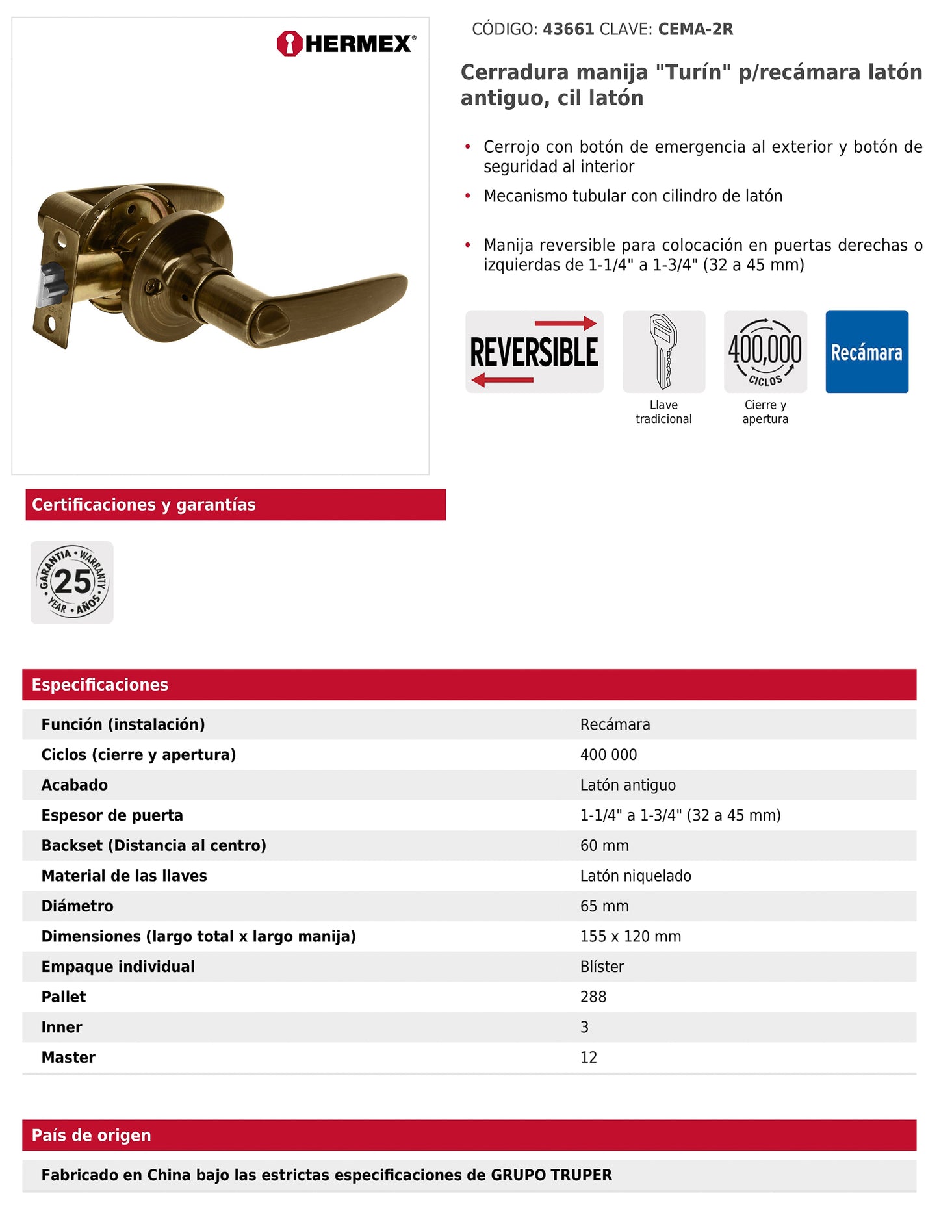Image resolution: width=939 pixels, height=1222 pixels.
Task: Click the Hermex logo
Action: click(346, 44)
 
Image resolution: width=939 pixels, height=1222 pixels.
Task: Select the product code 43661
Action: click(568, 29)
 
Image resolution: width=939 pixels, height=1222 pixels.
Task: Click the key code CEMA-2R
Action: click(695, 29)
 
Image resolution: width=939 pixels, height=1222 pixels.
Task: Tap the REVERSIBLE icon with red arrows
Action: click(534, 351)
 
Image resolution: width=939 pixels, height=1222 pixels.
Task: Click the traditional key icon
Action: click(663, 351)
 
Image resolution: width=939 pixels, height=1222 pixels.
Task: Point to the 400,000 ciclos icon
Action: click(765, 351)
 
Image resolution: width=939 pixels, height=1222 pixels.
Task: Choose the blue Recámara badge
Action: click(867, 351)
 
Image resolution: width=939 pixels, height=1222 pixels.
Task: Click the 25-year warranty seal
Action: click(72, 582)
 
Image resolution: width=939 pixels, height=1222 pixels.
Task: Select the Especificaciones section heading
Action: click(100, 685)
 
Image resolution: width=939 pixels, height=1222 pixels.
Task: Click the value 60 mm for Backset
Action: click(604, 846)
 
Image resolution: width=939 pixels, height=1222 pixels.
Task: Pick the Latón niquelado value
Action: click(636, 876)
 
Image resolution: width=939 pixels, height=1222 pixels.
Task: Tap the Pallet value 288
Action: click(593, 997)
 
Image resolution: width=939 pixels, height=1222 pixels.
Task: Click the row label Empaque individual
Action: click(118, 967)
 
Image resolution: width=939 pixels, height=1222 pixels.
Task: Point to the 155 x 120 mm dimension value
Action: click(630, 936)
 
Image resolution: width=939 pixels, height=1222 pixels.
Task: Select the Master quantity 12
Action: click(589, 1058)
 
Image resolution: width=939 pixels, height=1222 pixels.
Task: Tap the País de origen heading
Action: click(92, 1136)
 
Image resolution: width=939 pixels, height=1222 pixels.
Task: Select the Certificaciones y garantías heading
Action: click(144, 505)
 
